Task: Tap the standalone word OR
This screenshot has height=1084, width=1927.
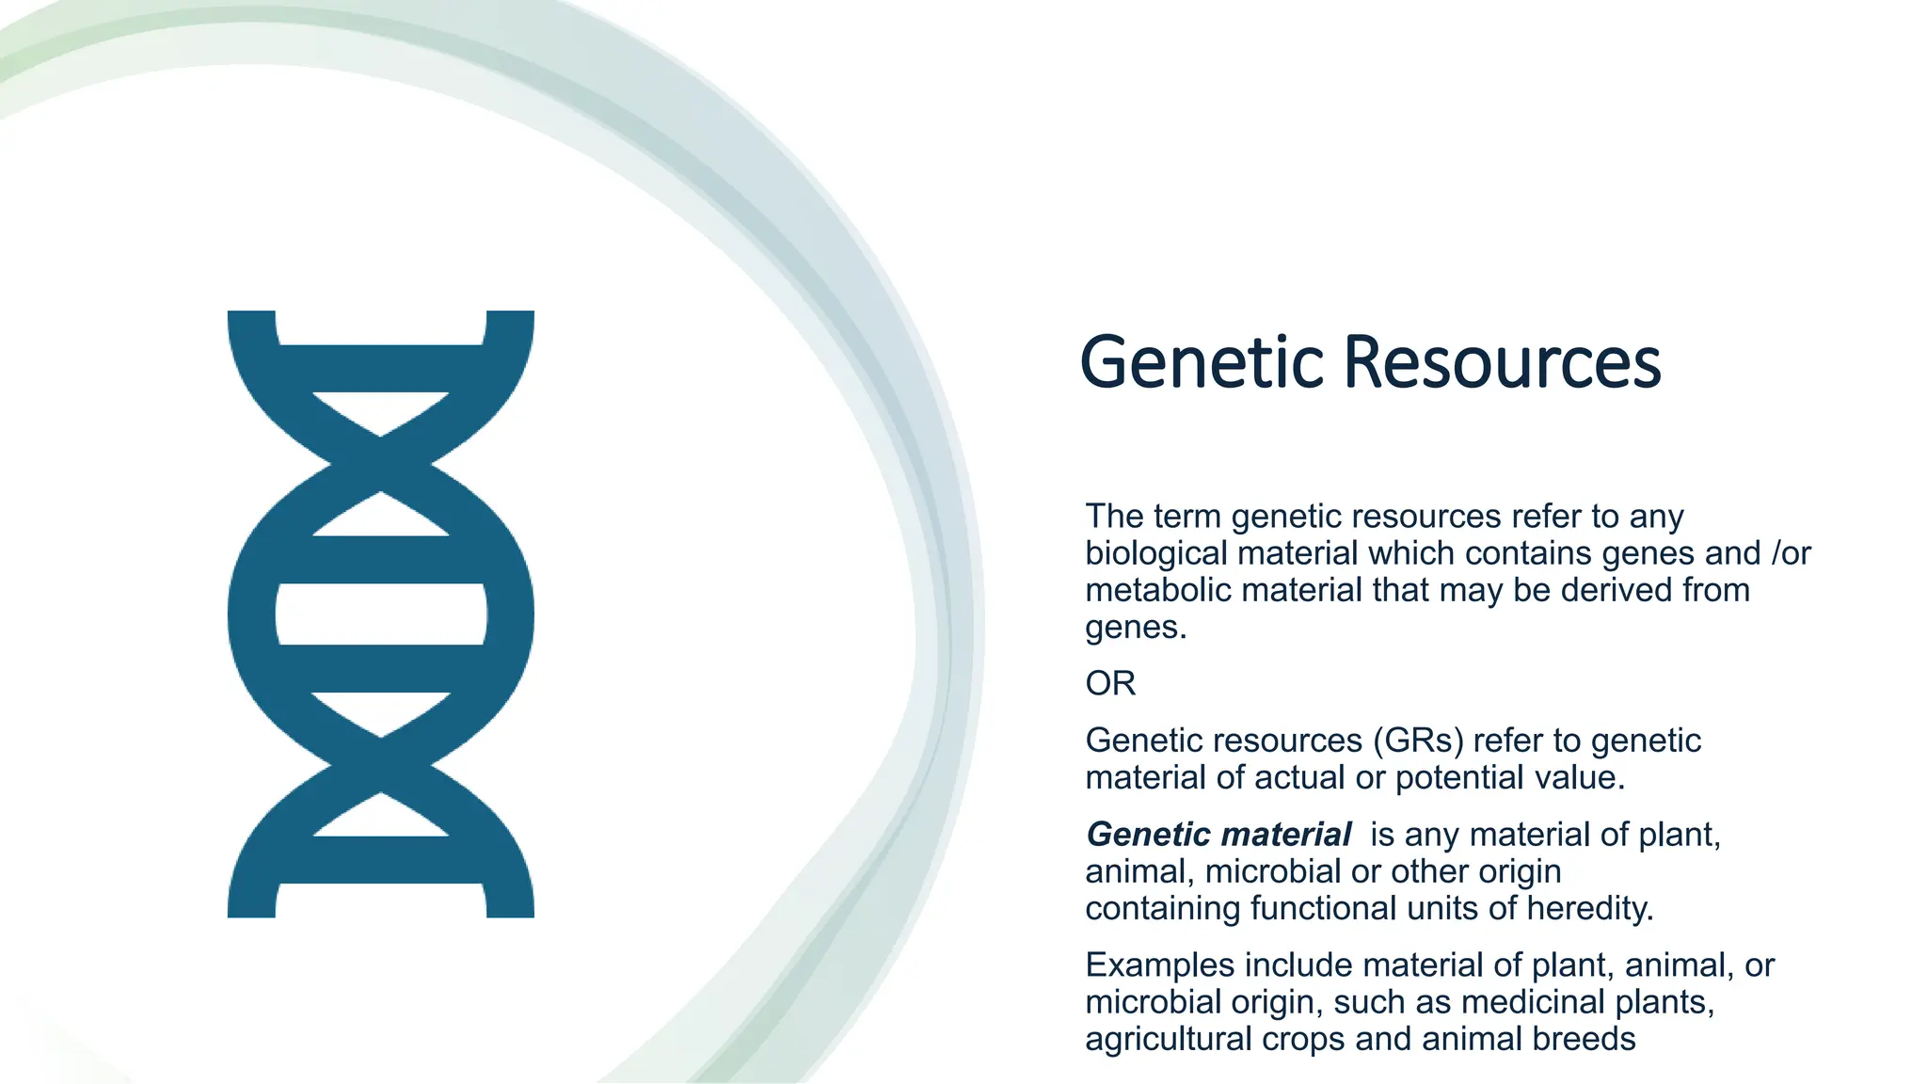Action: point(1110,683)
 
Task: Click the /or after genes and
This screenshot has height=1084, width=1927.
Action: point(1790,553)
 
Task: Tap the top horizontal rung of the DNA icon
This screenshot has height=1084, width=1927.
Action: point(381,368)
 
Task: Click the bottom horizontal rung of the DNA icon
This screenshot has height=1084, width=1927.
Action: point(381,859)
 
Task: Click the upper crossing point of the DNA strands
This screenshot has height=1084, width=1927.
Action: point(381,464)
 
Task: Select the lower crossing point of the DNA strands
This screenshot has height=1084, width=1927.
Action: point(381,764)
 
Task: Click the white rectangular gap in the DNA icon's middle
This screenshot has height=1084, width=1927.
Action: point(381,614)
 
